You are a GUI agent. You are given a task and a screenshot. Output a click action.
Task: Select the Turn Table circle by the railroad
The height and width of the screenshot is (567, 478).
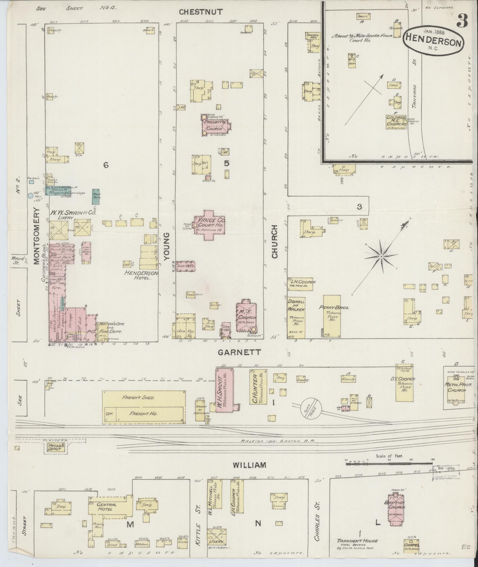pos(311,408)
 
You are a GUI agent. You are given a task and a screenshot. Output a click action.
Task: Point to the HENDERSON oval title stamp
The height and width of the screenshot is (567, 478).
pos(433,41)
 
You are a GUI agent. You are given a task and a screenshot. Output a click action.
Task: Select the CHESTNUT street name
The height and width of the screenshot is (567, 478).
pos(201,12)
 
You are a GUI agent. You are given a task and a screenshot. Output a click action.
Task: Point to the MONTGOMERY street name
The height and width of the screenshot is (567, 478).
pos(36,236)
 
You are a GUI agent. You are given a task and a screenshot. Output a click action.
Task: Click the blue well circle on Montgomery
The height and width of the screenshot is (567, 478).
pos(30,196)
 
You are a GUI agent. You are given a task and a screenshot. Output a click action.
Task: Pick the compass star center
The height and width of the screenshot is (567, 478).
pos(381,256)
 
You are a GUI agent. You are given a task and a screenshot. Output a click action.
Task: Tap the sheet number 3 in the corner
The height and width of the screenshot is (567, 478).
pos(462,21)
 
